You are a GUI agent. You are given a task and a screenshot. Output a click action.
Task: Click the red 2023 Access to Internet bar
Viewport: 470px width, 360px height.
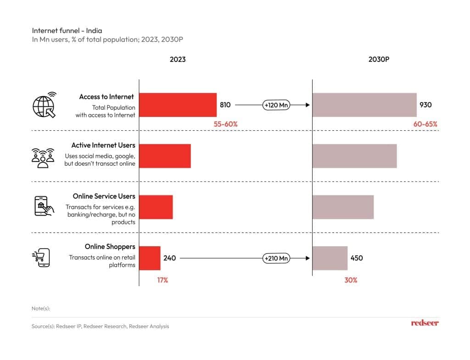point(178,105)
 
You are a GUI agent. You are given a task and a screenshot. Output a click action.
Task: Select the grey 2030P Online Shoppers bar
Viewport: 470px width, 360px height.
point(330,258)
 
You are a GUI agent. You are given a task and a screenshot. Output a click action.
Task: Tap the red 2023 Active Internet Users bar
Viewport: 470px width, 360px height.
point(165,156)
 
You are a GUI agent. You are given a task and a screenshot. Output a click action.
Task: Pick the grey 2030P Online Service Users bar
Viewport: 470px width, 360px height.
point(343,207)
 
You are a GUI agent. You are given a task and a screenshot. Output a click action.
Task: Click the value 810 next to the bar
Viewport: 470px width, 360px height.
point(225,105)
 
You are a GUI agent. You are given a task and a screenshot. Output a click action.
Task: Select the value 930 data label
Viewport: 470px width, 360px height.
point(425,105)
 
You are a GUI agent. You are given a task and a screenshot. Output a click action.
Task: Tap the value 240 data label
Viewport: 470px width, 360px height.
point(169,258)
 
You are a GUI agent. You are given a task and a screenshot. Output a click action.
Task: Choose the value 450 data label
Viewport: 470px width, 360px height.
point(357,258)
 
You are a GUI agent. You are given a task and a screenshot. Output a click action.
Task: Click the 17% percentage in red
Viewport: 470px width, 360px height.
point(162,280)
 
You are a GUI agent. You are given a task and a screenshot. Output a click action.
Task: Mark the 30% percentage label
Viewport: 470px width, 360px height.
point(351,280)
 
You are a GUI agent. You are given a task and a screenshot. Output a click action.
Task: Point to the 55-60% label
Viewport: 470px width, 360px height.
point(225,124)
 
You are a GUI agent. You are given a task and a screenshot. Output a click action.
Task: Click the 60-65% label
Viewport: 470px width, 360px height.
point(425,124)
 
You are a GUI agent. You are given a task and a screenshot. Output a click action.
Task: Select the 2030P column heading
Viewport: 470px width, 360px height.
point(379,60)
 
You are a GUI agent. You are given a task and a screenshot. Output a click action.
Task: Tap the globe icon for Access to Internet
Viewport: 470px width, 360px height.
point(44,105)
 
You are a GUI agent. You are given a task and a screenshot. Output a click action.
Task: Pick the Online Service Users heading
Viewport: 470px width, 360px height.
point(104,196)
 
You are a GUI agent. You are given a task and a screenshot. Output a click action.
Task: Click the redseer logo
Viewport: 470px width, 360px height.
point(425,323)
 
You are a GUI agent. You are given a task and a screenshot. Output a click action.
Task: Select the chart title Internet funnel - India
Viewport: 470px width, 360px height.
point(67,30)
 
